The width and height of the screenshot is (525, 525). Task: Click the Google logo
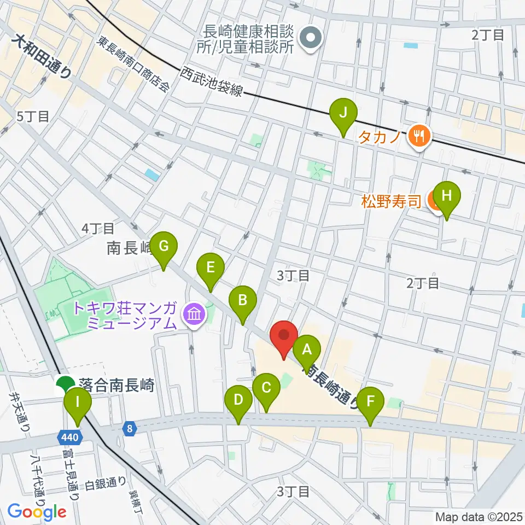[x=37, y=512]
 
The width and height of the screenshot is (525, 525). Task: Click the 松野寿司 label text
[x=390, y=202]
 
